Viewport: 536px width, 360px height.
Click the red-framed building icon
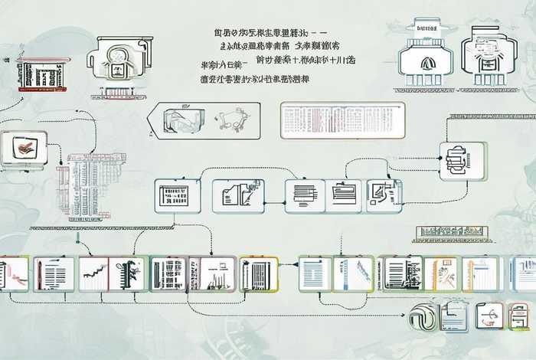pos(43,74)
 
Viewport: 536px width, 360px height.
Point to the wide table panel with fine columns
pos(341,120)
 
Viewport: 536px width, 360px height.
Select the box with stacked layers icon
pos(462,161)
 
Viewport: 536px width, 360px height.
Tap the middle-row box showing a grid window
pos(177,195)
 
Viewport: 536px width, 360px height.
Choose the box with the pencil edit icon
pos(384,195)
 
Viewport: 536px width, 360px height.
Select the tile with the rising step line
pos(92,273)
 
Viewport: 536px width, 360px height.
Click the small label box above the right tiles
pos(452,234)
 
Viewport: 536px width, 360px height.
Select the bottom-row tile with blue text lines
pos(314,273)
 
